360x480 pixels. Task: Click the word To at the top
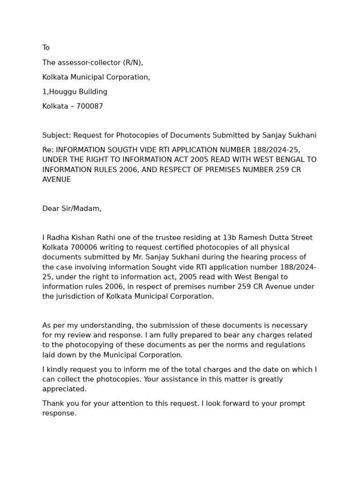46,48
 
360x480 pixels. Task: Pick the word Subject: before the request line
57,135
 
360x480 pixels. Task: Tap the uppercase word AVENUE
57,180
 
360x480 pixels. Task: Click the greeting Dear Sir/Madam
72,209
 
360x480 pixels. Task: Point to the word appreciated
64,389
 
